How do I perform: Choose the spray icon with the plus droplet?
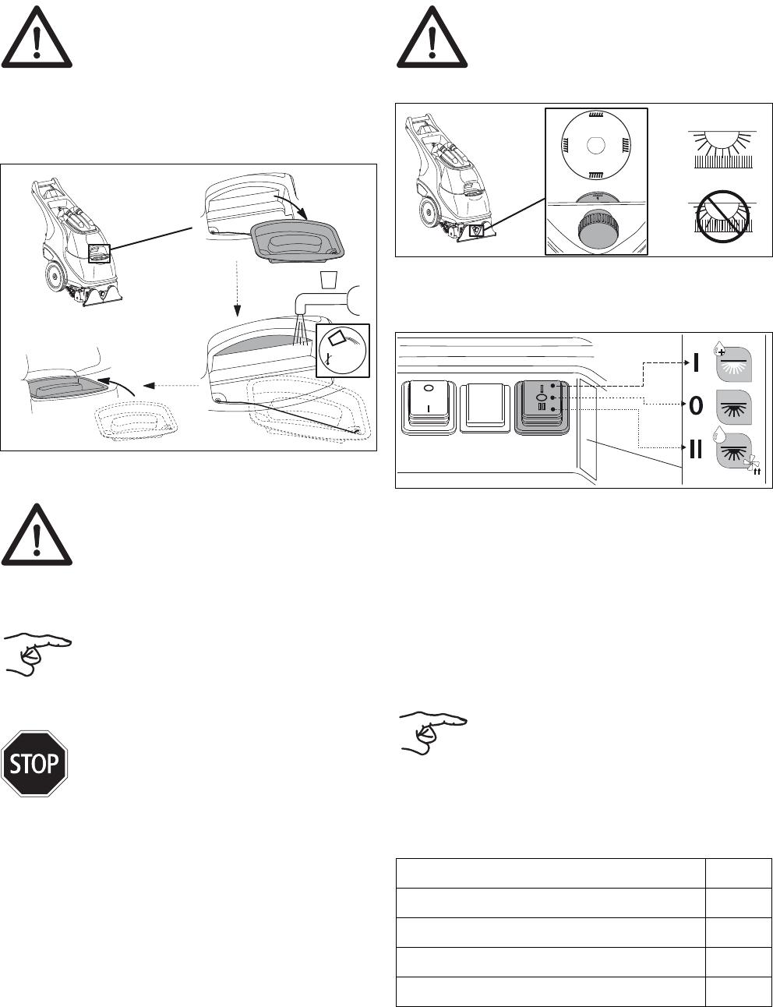[x=732, y=360]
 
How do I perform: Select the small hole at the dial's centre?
[x=596, y=147]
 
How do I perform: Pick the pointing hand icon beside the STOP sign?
[x=37, y=653]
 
